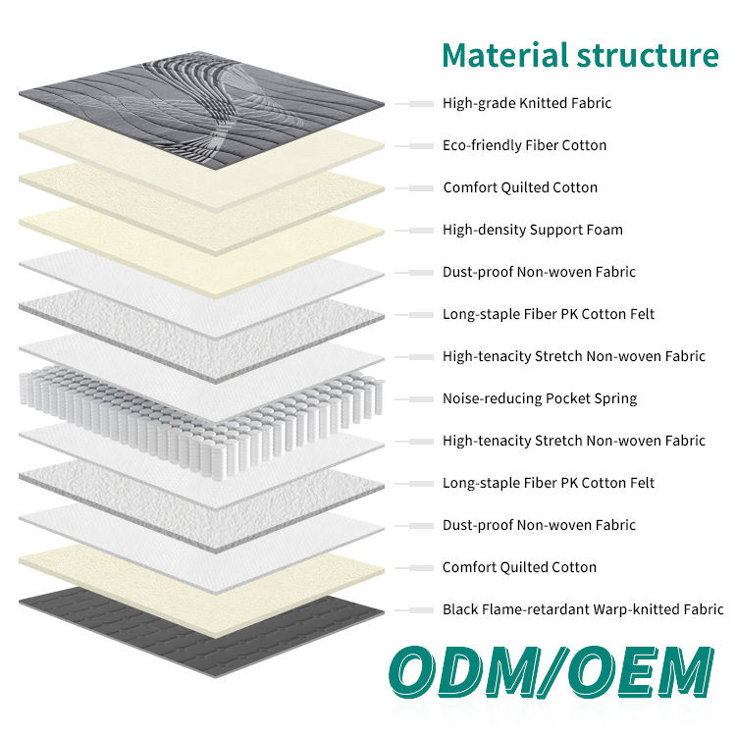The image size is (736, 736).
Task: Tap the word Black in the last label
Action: coord(460,609)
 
